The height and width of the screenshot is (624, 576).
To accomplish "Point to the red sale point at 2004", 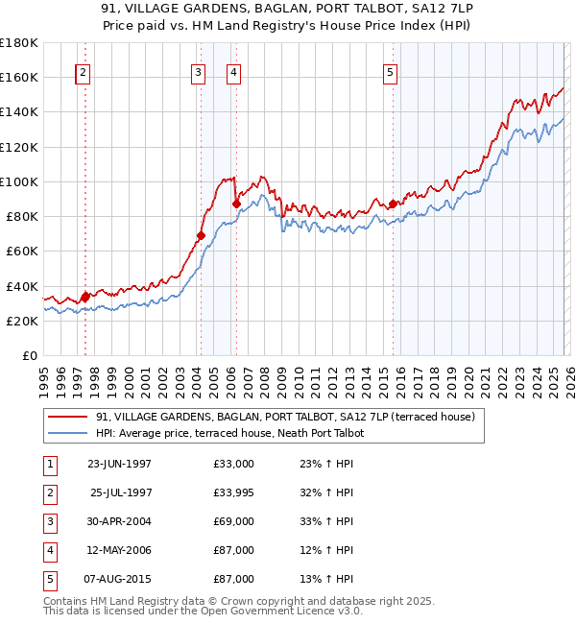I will point(201,235).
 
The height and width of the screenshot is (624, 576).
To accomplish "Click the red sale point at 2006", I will point(236,204).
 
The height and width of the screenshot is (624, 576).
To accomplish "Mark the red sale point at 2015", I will point(393,204).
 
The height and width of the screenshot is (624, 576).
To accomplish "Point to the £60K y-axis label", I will point(22,251).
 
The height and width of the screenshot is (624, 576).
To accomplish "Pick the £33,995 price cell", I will point(234,492).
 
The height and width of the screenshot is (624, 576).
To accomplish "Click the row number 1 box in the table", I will point(49,464).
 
